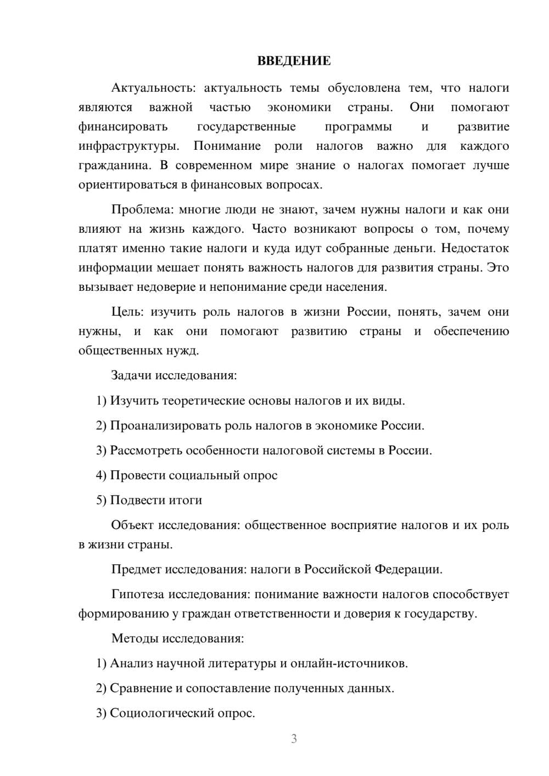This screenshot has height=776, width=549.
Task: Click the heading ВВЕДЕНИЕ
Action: [x=294, y=61]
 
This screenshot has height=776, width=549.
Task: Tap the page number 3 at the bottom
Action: [x=294, y=739]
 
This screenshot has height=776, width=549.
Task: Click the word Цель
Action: [x=127, y=312]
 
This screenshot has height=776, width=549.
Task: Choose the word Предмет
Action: [x=136, y=569]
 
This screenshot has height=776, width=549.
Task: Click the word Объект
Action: [x=132, y=525]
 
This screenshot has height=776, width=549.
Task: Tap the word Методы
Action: [x=133, y=638]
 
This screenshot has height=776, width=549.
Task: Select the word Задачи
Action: [x=131, y=376]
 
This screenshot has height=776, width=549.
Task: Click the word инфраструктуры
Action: [x=128, y=146]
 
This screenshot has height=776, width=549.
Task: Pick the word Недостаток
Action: [x=475, y=248]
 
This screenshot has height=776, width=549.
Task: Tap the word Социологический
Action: [x=160, y=713]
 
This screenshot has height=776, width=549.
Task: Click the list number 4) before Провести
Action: [x=101, y=475]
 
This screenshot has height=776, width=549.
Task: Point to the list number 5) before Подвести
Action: [x=101, y=500]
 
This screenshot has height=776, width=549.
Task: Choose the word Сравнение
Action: [x=141, y=688]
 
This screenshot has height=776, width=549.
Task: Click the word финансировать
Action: [x=123, y=127]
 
